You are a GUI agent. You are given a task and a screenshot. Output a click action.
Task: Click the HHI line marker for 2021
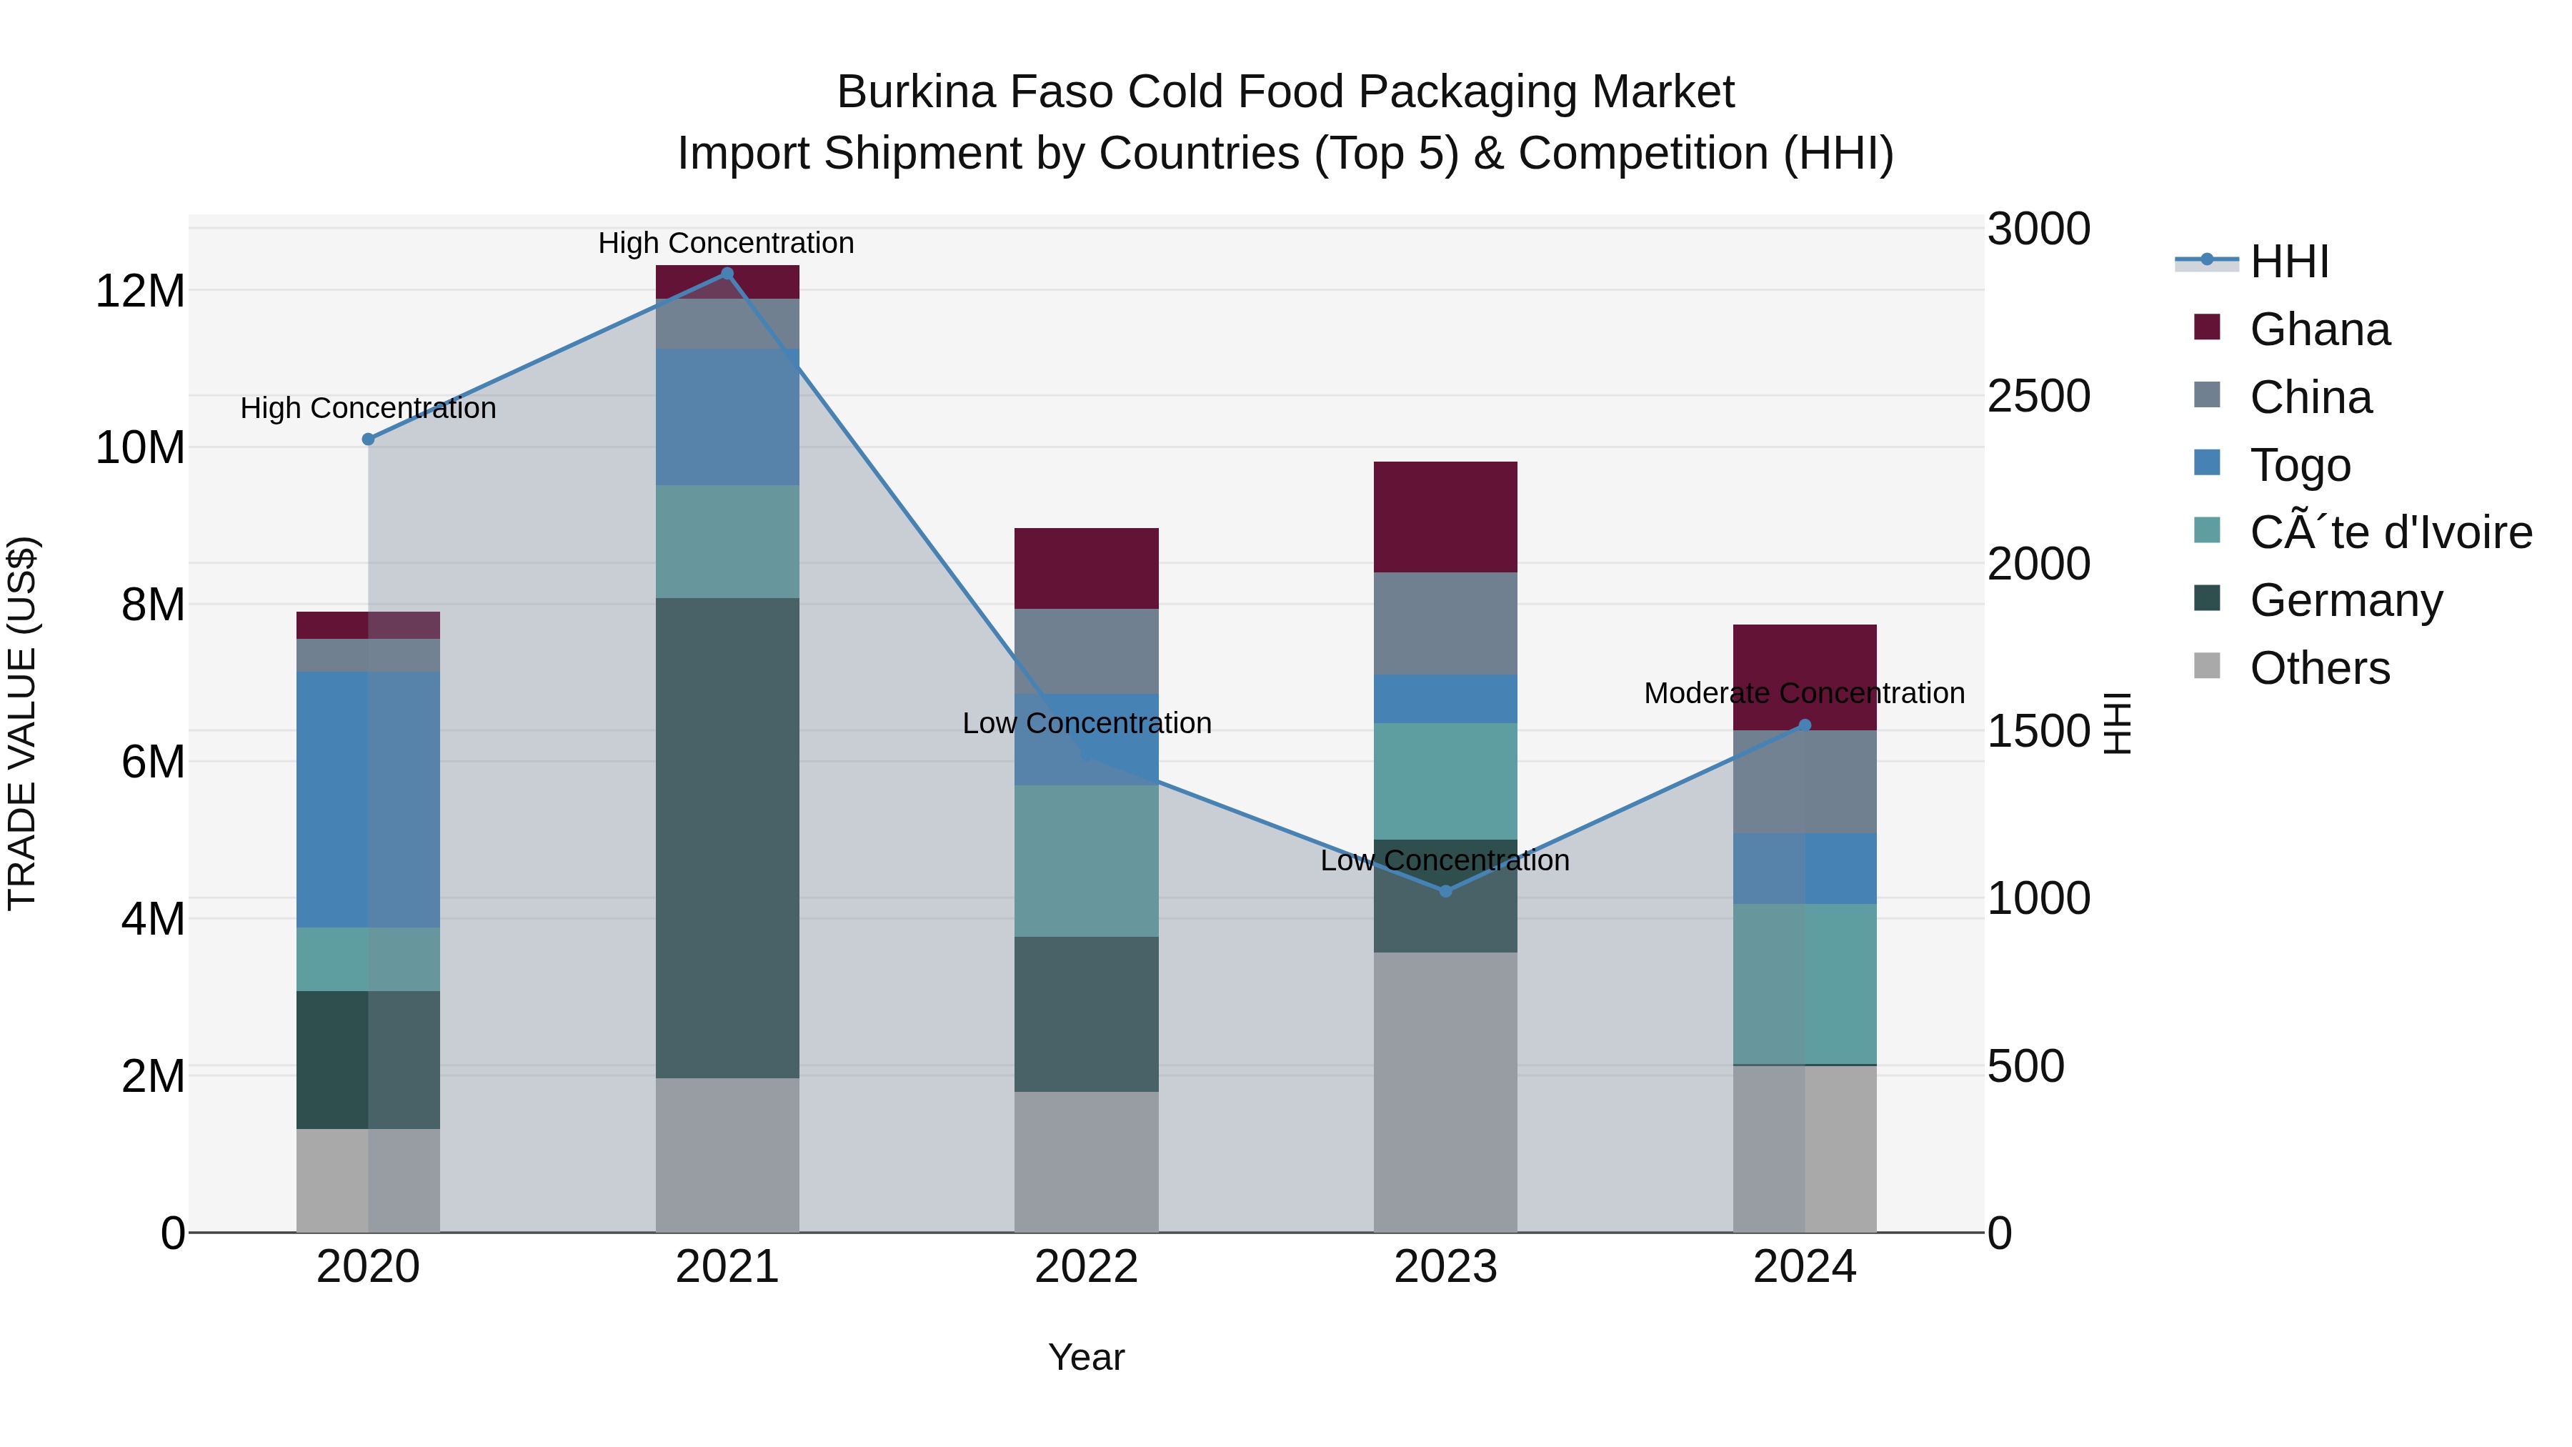tap(727, 274)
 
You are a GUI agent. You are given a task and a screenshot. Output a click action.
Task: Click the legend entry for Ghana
tap(2318, 329)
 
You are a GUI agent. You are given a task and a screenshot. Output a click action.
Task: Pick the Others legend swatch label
tap(2318, 668)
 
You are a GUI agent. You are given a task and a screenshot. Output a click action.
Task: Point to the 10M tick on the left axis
tap(140, 447)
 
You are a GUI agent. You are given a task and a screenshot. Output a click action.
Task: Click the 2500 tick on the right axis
tap(2038, 397)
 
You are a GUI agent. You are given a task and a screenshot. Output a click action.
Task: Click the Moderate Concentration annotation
tap(1803, 693)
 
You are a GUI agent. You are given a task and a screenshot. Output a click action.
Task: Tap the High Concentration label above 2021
tap(726, 243)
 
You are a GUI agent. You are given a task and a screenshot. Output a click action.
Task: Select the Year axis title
tap(1086, 1357)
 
